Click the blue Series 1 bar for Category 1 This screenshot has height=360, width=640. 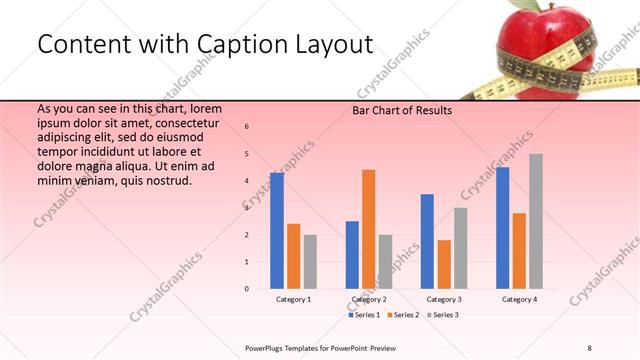tap(277, 231)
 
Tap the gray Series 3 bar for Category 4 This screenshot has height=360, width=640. tap(536, 221)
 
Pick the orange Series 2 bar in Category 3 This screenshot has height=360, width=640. tap(444, 264)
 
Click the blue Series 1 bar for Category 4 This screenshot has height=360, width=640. tap(502, 228)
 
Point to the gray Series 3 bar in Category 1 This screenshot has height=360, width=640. tap(310, 262)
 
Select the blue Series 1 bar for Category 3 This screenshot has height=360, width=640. tap(427, 241)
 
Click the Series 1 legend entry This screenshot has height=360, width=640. tap(366, 315)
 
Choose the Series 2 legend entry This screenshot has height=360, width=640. tap(402, 315)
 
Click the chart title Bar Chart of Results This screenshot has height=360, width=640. tap(402, 110)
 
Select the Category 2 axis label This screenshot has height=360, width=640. tap(369, 299)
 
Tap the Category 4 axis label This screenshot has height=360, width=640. tap(519, 299)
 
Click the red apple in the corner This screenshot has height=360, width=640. tap(540, 40)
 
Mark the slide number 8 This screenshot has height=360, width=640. tap(589, 346)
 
